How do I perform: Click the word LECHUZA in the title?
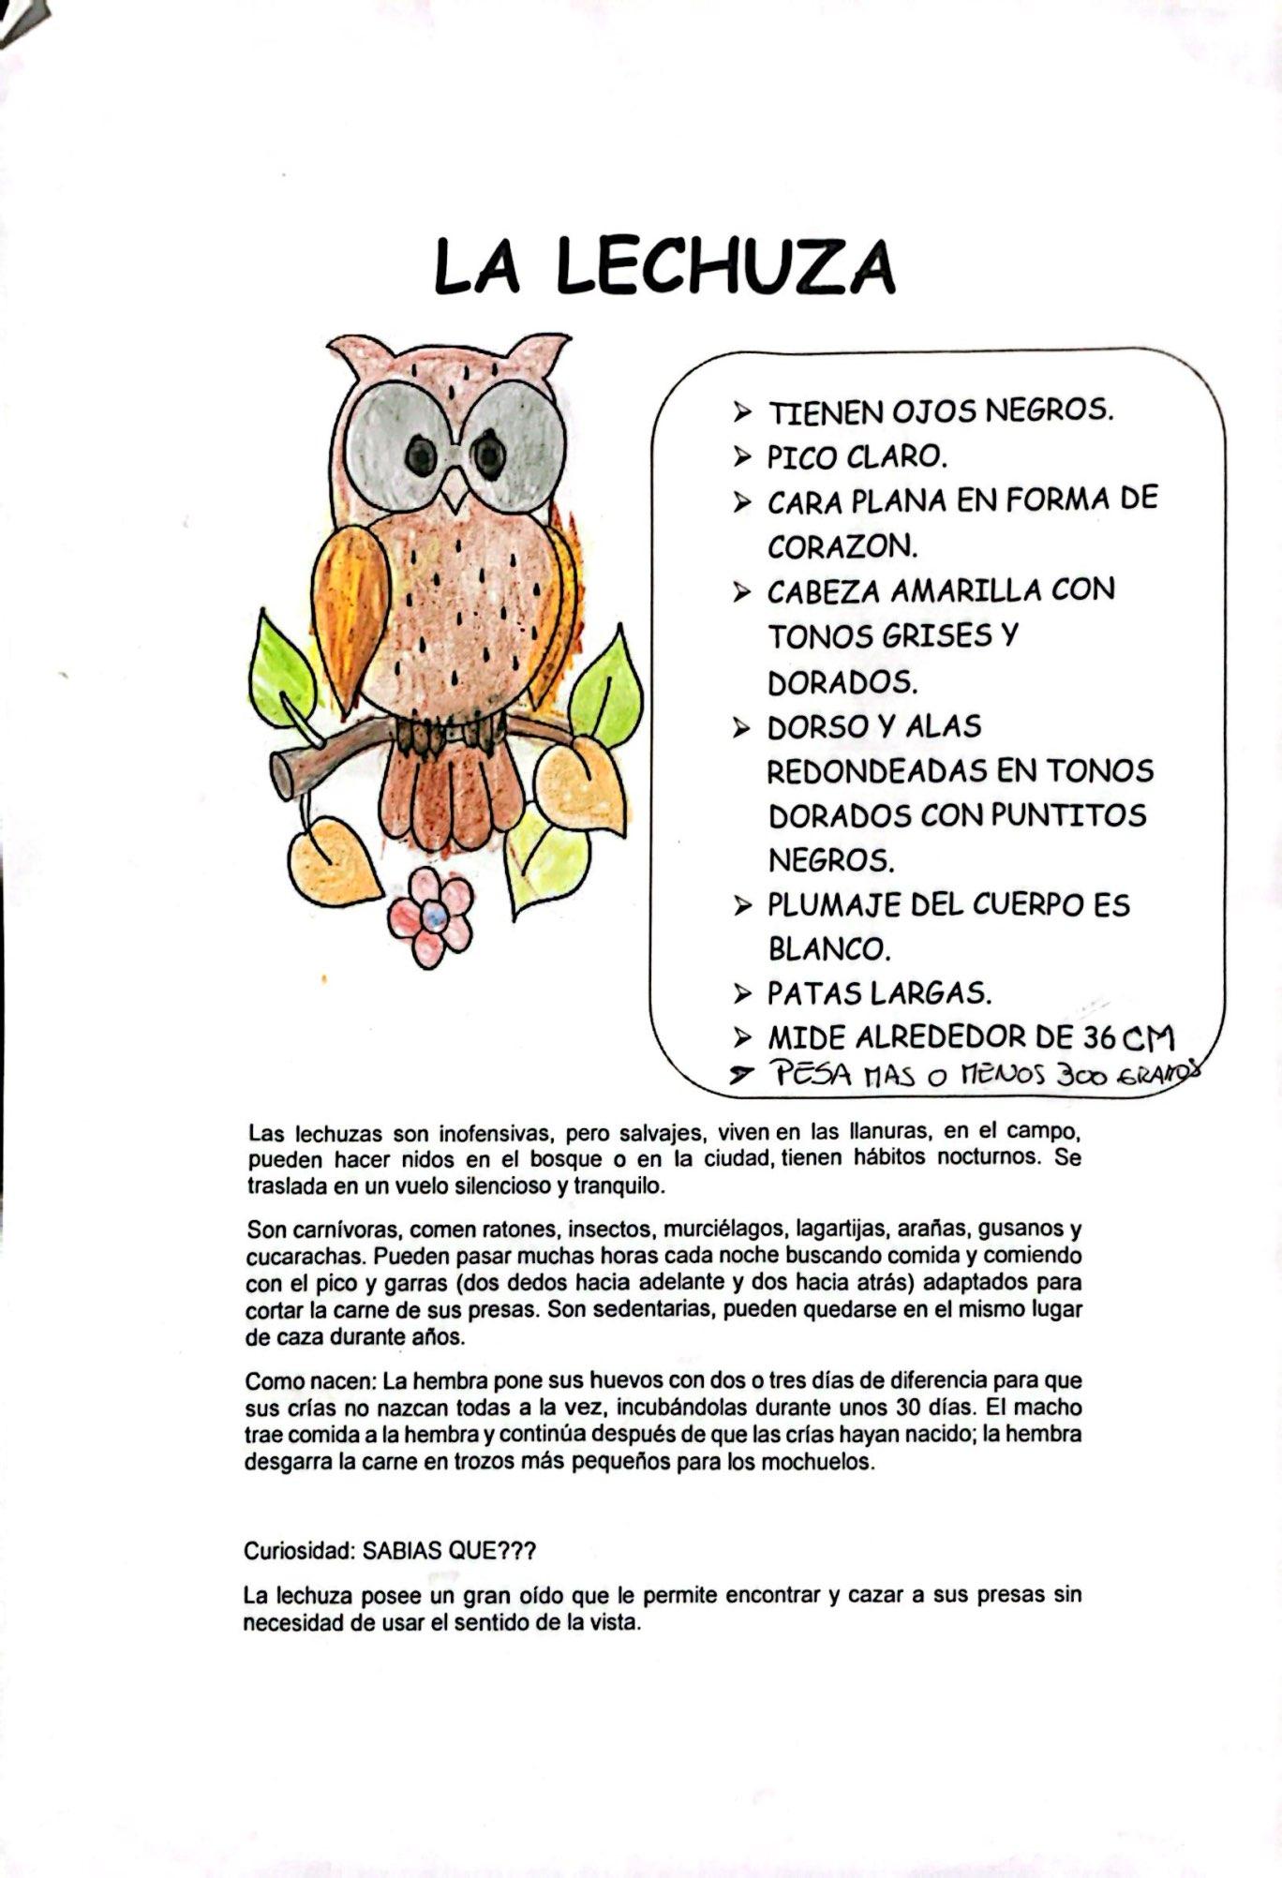725,267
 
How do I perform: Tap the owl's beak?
455,490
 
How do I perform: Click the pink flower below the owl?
432,917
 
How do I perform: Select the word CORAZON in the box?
842,545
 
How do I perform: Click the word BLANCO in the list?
828,949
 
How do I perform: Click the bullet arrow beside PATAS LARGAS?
743,992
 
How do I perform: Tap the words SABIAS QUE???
449,1551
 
